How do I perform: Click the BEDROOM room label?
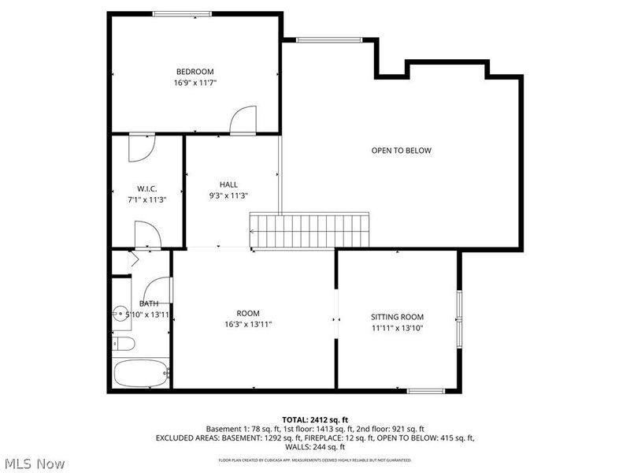tap(195, 72)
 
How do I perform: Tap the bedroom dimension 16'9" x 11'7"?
tap(195, 83)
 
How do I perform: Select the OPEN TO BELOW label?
tap(401, 151)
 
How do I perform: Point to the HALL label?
tap(228, 184)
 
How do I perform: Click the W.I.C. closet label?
tap(146, 188)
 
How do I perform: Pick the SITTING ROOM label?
tap(397, 317)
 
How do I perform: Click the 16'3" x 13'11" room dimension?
tap(248, 325)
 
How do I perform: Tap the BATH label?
tap(148, 304)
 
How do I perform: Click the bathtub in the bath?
tap(140, 373)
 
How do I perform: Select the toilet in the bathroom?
tap(124, 343)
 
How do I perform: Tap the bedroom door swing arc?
tap(243, 120)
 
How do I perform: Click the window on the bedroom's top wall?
tap(181, 13)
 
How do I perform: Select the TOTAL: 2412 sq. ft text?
tap(315, 419)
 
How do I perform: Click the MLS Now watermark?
tap(35, 464)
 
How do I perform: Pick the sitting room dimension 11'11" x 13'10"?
tap(397, 328)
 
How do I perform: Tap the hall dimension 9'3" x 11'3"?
tap(228, 196)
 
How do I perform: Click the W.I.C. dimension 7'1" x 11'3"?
tap(146, 199)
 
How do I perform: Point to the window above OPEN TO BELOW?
tap(329, 40)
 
